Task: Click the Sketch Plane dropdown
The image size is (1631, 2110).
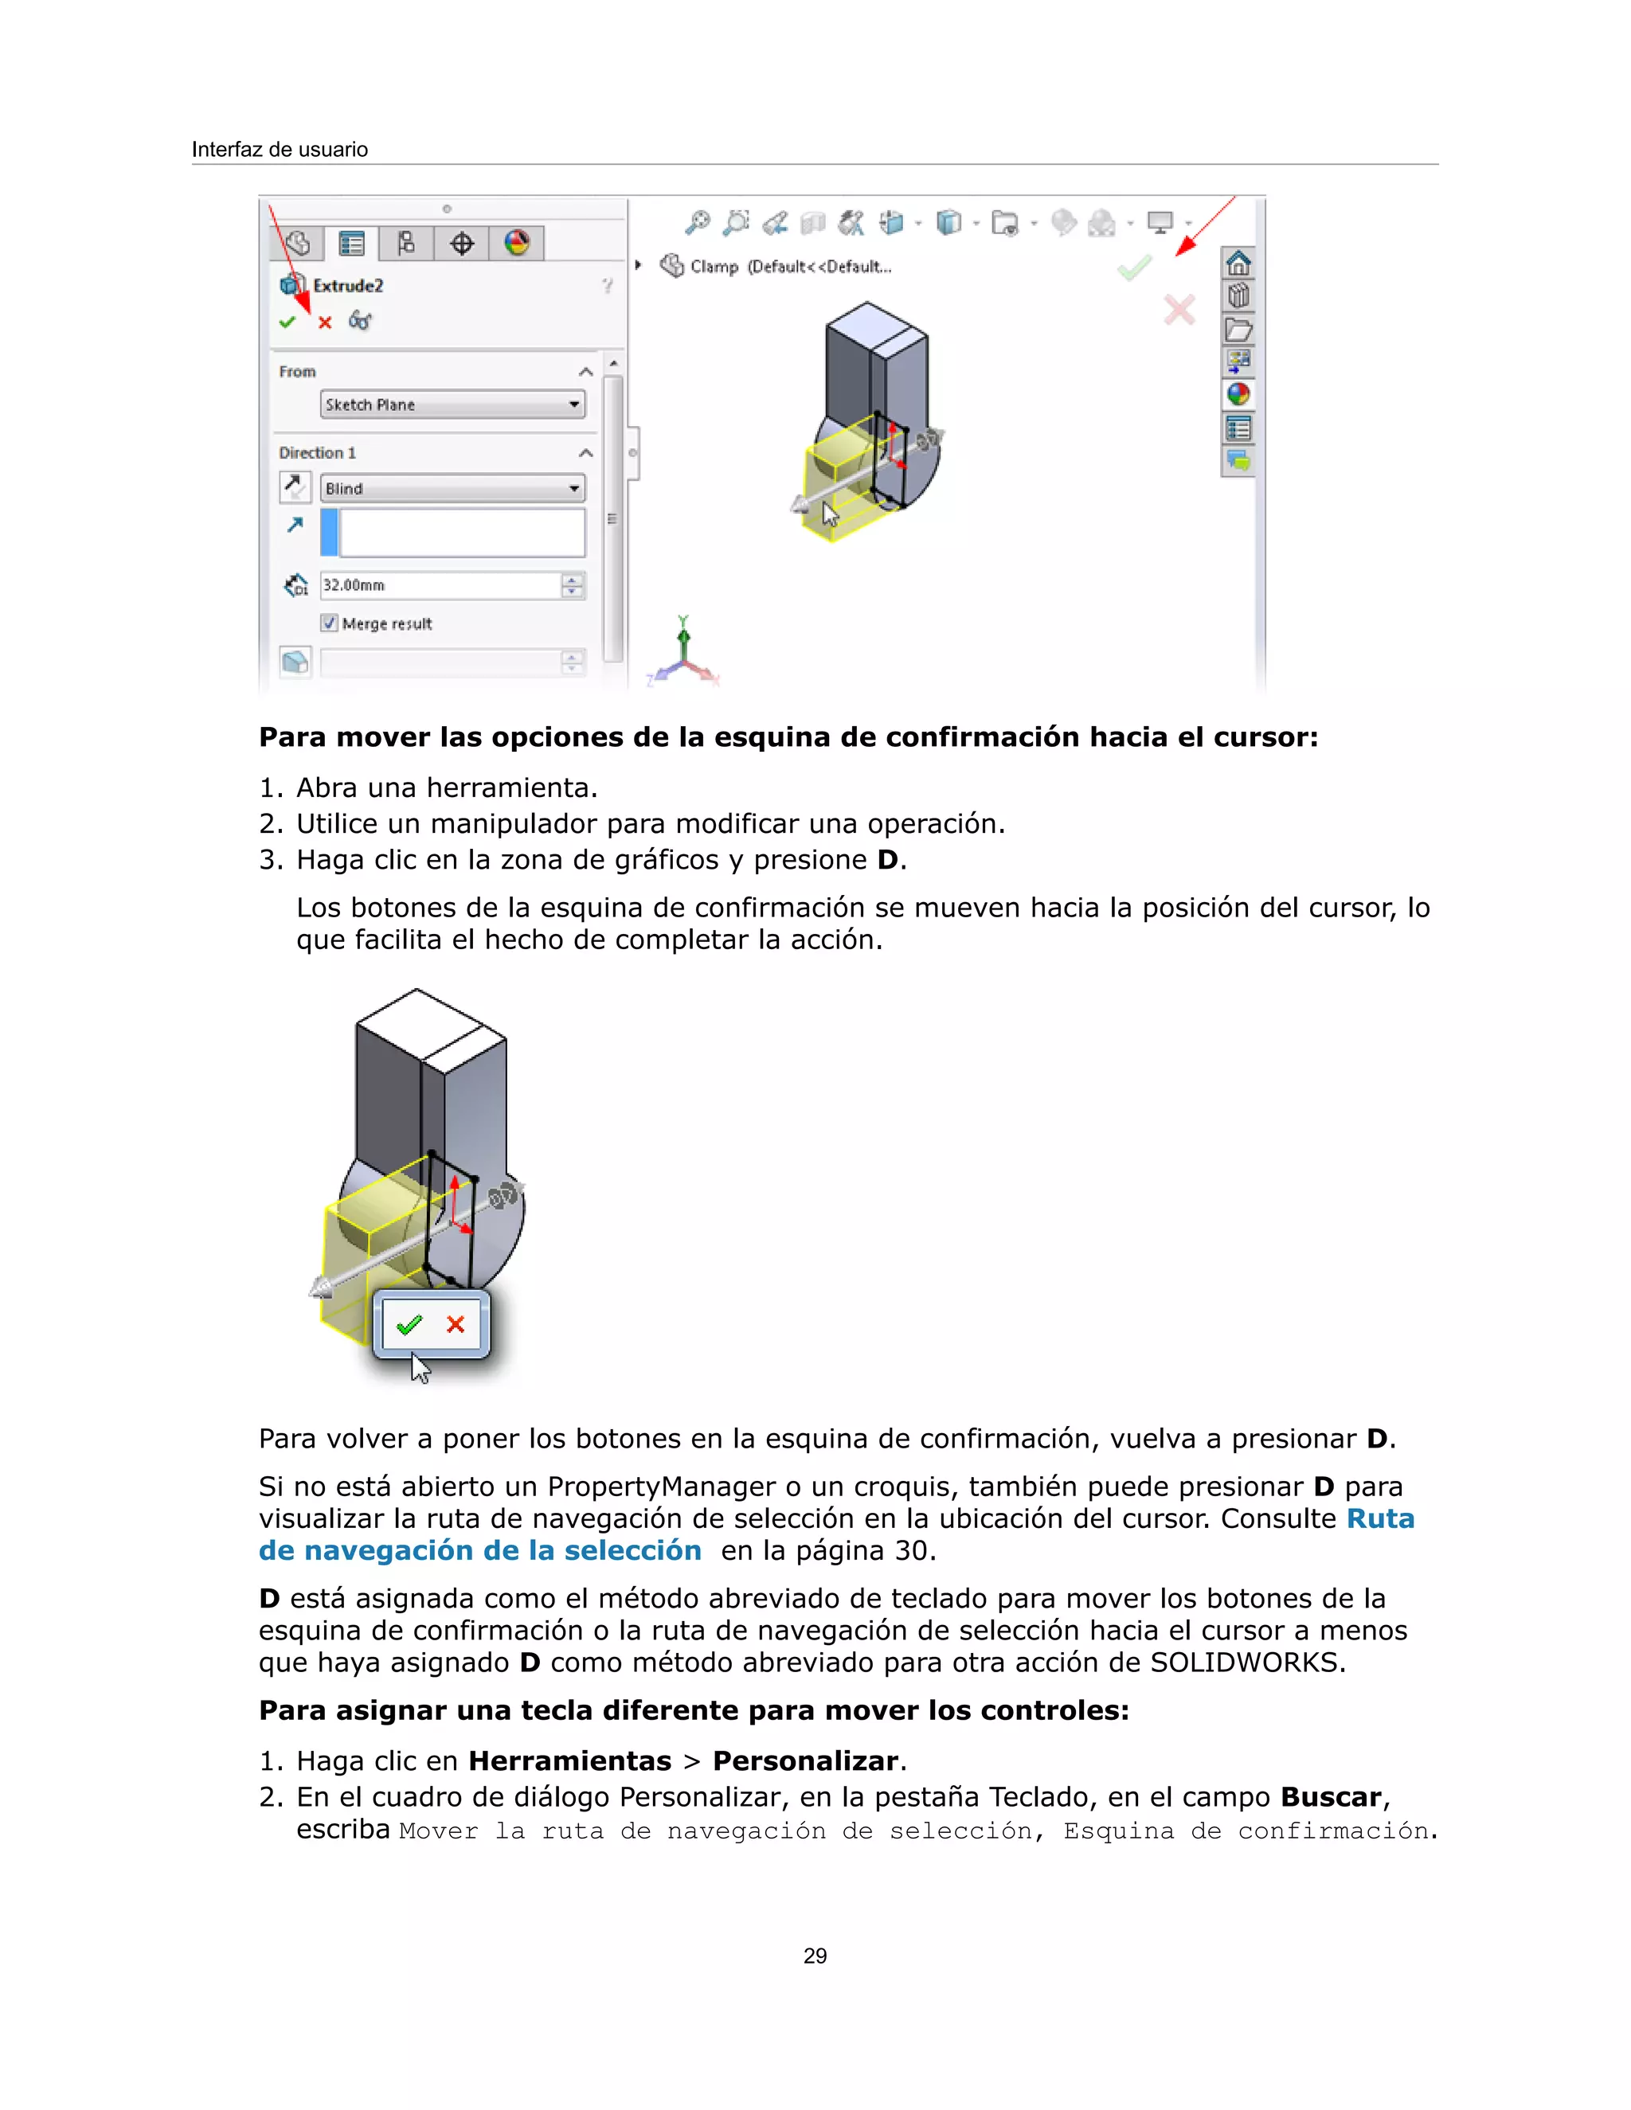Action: pos(452,404)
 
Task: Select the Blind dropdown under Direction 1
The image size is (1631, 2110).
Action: pos(452,489)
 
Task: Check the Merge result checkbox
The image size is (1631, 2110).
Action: pos(330,623)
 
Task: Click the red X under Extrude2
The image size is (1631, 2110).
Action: pos(325,322)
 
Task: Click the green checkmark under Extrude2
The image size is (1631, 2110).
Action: pos(287,322)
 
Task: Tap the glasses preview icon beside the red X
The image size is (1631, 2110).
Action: pos(359,321)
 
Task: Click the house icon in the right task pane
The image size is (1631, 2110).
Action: pos(1238,263)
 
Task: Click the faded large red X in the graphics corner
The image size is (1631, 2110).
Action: pos(1179,310)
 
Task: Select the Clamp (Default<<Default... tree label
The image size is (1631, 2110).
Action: pos(789,267)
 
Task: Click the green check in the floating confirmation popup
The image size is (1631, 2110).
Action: pos(409,1325)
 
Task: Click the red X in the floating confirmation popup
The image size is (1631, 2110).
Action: pos(455,1325)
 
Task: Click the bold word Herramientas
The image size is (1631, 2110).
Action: pos(569,1761)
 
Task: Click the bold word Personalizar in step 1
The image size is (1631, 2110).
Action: pos(805,1761)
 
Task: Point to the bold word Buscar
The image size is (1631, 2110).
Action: pos(1331,1797)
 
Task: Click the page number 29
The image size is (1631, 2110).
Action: pos(815,1956)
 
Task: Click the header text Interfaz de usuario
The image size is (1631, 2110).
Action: pos(280,150)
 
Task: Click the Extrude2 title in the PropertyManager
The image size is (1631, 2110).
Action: pos(348,286)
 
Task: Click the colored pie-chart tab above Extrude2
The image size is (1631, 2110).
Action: pos(517,244)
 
